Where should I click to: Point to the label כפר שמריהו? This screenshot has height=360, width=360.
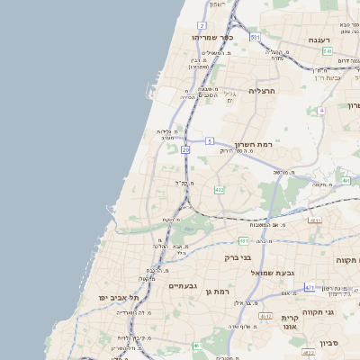212,38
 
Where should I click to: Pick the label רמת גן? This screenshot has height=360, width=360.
219,292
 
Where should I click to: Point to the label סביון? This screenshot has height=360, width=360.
328,341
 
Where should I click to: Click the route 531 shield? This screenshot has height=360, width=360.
256,37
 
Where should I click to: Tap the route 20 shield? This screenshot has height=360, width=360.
185,149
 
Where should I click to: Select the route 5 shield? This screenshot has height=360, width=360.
209,141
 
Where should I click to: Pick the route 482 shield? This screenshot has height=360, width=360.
219,190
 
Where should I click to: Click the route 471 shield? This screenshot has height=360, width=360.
309,287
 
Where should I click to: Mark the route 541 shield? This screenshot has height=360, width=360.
328,51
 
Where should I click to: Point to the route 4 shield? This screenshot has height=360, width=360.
320,110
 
